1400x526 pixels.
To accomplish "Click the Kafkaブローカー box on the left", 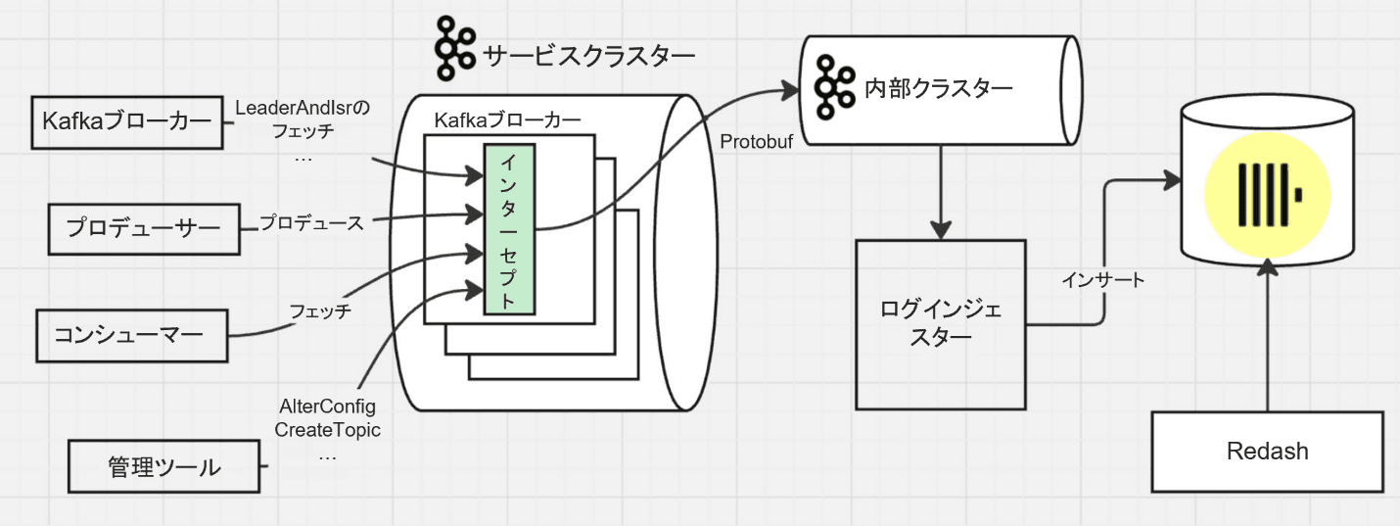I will tap(126, 122).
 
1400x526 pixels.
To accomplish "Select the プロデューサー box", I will tap(144, 228).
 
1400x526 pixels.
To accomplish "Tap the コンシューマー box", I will tap(128, 336).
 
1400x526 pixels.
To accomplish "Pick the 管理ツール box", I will tap(163, 467).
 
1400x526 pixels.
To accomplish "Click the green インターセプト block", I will tap(508, 230).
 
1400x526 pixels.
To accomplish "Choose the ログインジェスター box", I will tap(941, 324).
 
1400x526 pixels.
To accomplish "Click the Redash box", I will tap(1267, 452).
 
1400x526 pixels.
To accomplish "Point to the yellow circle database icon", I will tap(1268, 189).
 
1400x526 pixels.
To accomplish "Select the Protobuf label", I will tap(756, 141).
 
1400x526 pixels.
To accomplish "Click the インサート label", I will tap(1102, 281).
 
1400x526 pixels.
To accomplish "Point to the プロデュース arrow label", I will tap(311, 223).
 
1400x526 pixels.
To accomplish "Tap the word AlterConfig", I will tap(327, 406).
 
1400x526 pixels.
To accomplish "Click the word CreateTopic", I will tap(327, 430).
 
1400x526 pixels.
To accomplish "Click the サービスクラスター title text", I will tap(589, 56).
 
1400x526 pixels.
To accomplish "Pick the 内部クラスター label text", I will tap(938, 89).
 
